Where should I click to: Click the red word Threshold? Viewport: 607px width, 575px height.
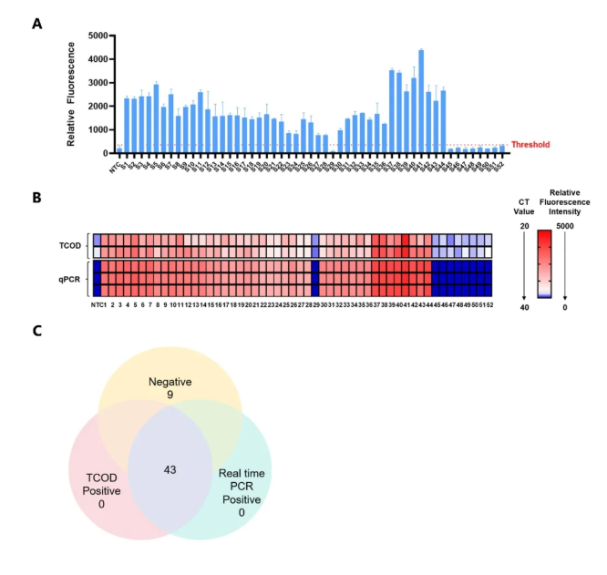click(x=530, y=144)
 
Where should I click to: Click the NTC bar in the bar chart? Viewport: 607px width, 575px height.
click(x=118, y=150)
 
